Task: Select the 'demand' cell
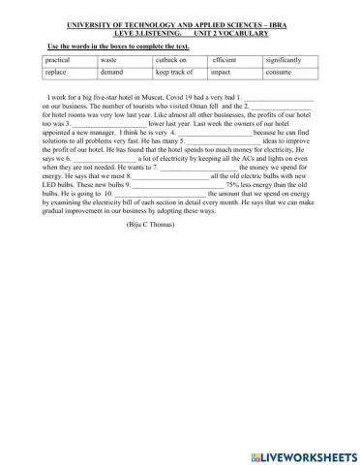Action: point(112,73)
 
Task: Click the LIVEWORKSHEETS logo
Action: point(302,454)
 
